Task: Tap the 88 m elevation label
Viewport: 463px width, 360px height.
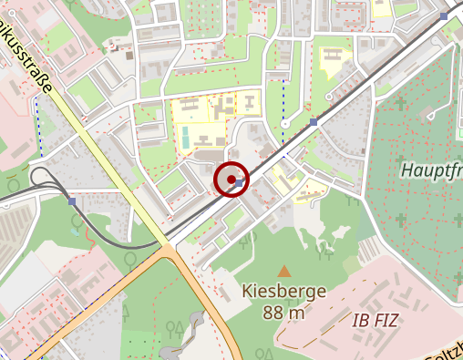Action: (x=283, y=313)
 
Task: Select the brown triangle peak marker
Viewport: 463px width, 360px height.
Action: (x=284, y=271)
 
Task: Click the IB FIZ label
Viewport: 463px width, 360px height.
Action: (x=375, y=319)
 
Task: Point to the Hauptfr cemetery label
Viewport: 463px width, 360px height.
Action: (x=431, y=170)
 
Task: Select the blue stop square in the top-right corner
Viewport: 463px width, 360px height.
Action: (x=444, y=16)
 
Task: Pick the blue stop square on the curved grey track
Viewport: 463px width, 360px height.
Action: (x=72, y=201)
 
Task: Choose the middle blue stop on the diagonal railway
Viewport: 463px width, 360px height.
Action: (x=314, y=121)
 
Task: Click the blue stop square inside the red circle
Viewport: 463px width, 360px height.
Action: (x=239, y=183)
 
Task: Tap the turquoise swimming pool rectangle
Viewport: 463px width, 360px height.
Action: (x=186, y=139)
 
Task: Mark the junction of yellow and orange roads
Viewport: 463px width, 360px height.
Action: (x=169, y=246)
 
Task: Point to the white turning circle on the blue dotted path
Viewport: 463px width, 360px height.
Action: (x=284, y=123)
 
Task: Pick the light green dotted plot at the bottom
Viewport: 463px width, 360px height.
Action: (x=141, y=349)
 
